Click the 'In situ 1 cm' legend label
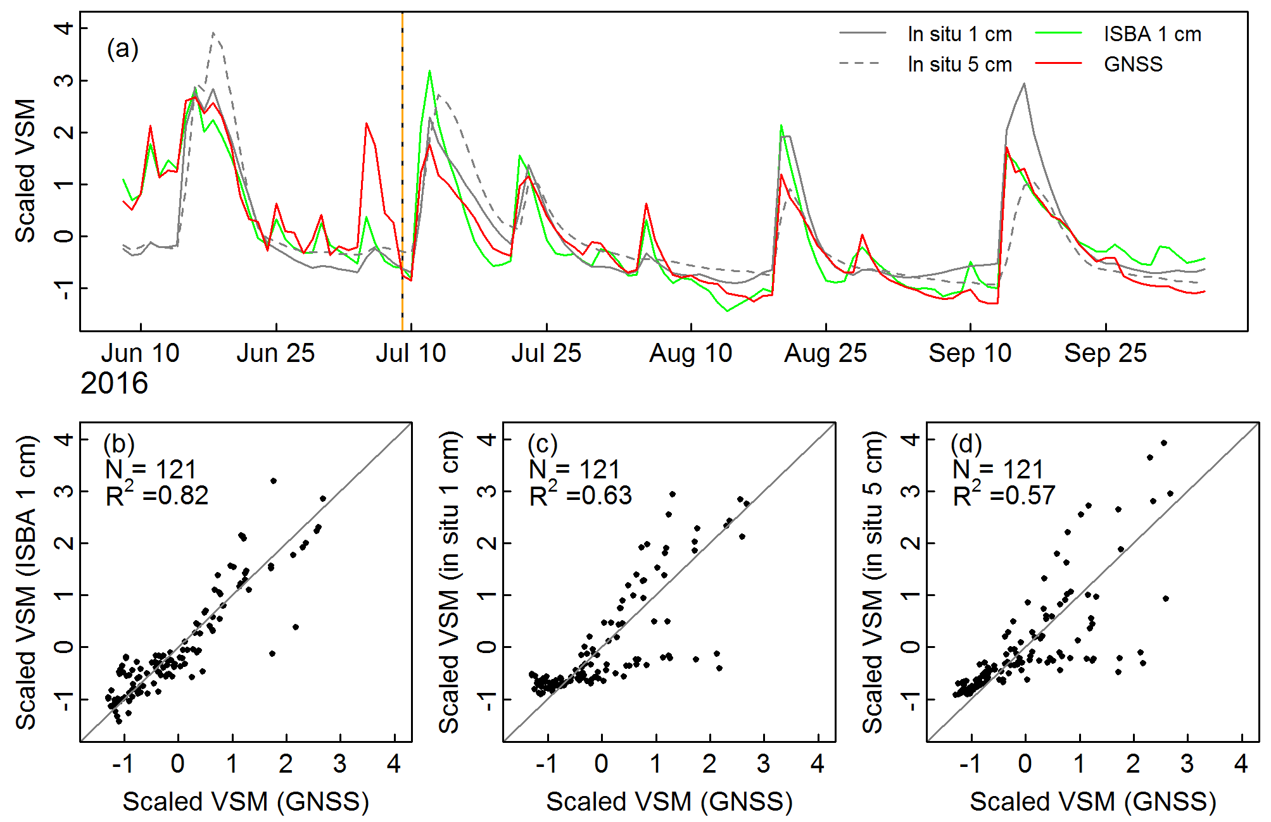959,34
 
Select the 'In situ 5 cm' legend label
959,65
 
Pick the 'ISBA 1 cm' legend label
1152,34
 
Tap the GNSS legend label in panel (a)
1133,65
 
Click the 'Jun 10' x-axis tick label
141,353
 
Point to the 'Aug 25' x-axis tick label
825,353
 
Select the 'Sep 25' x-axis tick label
1105,353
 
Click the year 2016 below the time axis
114,383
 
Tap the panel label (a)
122,49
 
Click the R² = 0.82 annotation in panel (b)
157,495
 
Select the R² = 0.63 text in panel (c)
581,495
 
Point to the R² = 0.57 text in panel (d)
1004,495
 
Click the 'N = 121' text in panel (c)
574,470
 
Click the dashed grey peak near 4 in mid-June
213,33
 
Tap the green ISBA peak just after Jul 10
429,72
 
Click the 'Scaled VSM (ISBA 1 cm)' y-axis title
26,582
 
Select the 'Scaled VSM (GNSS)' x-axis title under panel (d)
1093,802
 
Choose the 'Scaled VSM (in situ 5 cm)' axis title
873,582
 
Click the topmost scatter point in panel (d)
1163,443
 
